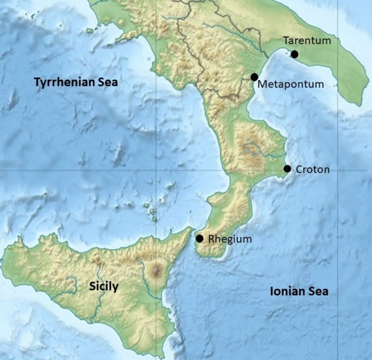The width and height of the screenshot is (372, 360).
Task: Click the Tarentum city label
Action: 307,41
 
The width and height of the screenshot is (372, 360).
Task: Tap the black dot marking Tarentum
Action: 294,54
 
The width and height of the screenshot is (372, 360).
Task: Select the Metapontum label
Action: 290,84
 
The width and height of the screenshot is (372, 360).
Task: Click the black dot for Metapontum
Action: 255,77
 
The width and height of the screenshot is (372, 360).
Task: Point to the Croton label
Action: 312,170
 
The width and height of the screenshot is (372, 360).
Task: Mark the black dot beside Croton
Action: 287,169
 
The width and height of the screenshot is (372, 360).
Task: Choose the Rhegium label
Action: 230,239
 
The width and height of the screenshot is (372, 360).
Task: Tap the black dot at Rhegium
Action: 200,238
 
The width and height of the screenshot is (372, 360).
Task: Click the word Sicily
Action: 104,286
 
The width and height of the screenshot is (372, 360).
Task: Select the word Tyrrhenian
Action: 64,82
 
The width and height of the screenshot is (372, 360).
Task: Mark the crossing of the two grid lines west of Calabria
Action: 156,170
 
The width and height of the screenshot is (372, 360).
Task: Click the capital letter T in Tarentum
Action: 286,41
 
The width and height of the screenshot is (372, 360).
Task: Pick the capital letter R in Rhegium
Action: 211,239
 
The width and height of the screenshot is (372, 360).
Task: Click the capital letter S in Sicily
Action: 92,286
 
